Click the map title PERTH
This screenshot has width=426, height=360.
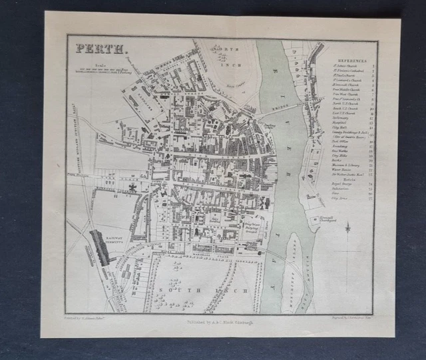pos(93,49)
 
